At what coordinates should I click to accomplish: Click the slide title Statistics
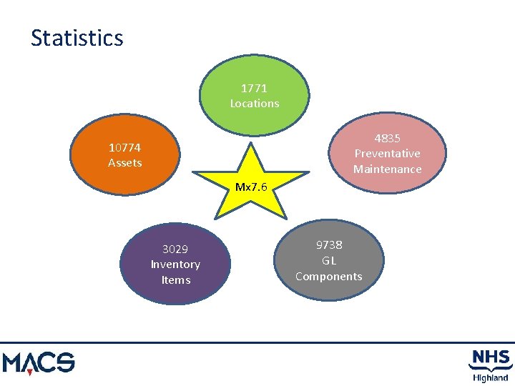coord(77,38)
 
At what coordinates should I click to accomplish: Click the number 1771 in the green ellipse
coord(254,89)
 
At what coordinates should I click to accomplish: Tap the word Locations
coord(254,104)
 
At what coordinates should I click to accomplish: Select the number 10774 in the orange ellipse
coord(124,148)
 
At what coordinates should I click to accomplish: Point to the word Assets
coord(124,163)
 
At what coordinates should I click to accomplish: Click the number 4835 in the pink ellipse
coord(387,139)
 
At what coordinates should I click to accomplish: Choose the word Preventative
coord(387,154)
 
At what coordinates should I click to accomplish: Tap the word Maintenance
coord(387,169)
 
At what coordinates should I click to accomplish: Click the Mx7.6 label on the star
coord(251,188)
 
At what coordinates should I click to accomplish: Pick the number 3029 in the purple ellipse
coord(175,249)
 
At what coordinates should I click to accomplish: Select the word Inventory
coord(175,264)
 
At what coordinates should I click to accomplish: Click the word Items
coord(175,280)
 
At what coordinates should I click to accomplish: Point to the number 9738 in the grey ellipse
coord(329,245)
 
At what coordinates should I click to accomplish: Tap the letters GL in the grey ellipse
coord(329,261)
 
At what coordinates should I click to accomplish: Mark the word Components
coord(329,277)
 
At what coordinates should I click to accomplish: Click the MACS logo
coord(39,362)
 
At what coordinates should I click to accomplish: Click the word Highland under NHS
coord(490,377)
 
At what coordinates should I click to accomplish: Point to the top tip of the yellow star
coord(251,144)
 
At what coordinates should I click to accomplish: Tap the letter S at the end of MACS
coord(64,362)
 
